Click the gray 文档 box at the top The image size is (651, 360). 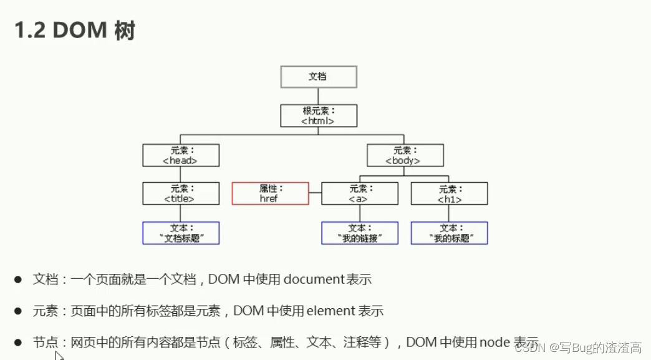pyautogui.click(x=318, y=77)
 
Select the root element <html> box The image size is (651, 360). pyautogui.click(x=318, y=116)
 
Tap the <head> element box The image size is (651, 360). pyautogui.click(x=181, y=155)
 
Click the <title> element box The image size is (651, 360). pyautogui.click(x=181, y=193)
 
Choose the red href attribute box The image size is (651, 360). pyautogui.click(x=270, y=193)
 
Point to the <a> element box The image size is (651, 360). pyautogui.click(x=359, y=193)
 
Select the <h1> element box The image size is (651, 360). pyautogui.click(x=449, y=193)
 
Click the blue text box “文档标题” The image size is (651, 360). pyautogui.click(x=181, y=233)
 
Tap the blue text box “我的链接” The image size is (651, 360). pyautogui.click(x=359, y=233)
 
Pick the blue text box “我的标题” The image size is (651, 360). pyautogui.click(x=449, y=233)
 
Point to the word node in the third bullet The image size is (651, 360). pyautogui.click(x=494, y=342)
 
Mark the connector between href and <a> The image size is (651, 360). pyautogui.click(x=315, y=193)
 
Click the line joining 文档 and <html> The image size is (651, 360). pyautogui.click(x=318, y=96)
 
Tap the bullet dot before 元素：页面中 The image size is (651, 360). pyautogui.click(x=19, y=311)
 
